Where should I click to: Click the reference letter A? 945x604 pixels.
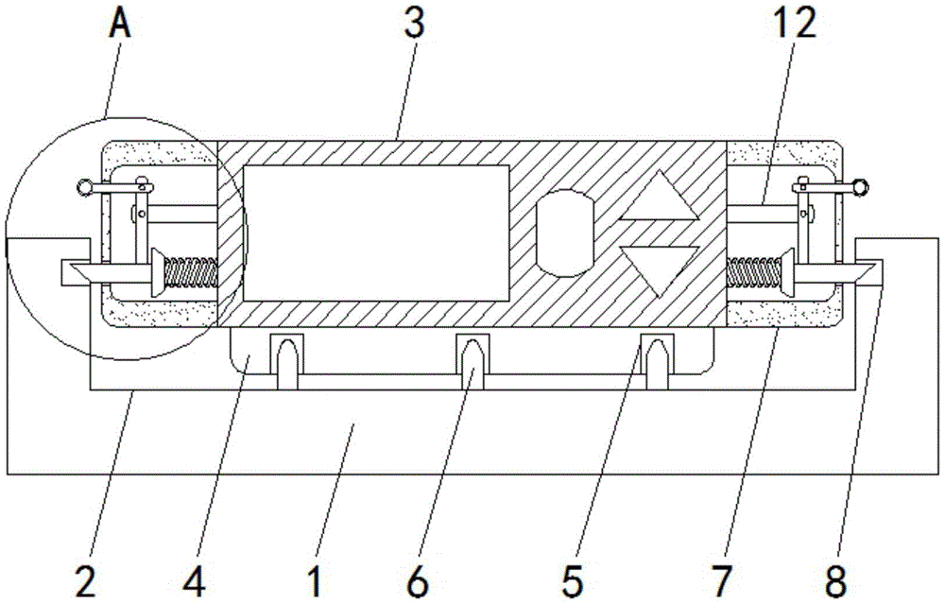pos(121,25)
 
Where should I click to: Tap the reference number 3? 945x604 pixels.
pos(414,23)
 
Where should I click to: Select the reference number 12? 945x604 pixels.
pos(794,24)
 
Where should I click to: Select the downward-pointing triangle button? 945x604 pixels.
pos(660,267)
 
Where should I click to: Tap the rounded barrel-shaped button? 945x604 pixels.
pos(565,233)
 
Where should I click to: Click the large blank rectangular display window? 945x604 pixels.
pos(376,233)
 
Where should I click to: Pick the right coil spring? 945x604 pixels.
pos(754,271)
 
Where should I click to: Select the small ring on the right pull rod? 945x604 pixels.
pos(861,186)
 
